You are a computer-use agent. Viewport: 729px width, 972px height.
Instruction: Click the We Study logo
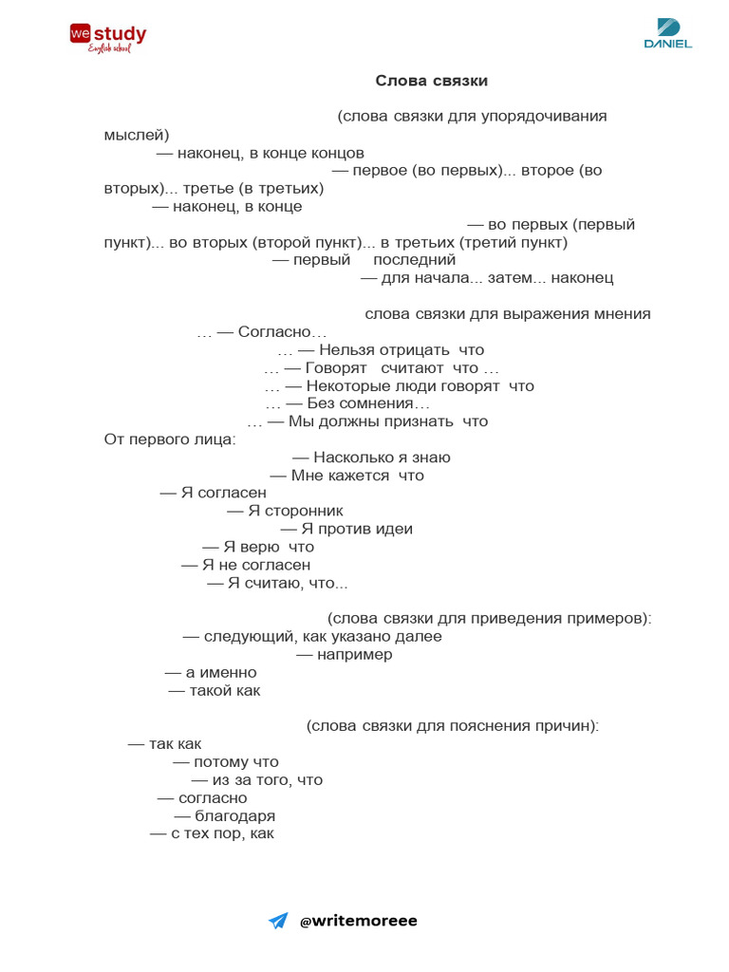107,37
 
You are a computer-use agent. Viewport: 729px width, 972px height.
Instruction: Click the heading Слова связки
431,81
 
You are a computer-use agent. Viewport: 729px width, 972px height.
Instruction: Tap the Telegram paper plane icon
278,921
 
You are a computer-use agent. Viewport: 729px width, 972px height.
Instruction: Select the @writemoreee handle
358,921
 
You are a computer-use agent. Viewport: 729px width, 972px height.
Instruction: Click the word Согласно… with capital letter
282,332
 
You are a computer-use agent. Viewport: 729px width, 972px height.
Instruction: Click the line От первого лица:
170,439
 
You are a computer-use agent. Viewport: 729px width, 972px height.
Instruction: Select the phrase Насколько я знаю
382,458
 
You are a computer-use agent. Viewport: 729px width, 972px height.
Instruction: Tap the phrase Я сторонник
295,511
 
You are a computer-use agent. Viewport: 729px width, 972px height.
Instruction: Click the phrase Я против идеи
356,529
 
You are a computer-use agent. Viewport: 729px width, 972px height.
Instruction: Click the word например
354,655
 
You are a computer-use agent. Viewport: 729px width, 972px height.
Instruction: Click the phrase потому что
235,762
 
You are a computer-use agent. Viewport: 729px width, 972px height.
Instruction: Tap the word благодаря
234,816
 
